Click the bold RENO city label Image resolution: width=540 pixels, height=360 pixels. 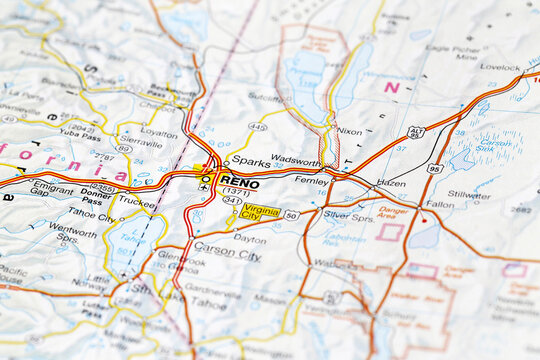click(240, 184)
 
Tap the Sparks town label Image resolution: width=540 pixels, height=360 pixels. click(251, 160)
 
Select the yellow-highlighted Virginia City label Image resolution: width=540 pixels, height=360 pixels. click(261, 212)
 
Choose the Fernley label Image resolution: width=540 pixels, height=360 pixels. click(311, 181)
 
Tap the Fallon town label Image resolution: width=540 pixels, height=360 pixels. click(440, 203)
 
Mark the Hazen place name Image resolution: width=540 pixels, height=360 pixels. click(391, 184)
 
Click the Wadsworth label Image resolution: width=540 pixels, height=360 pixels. click(295, 161)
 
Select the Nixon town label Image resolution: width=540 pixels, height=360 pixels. click(349, 131)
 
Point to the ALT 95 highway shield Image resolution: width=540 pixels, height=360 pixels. click(416, 132)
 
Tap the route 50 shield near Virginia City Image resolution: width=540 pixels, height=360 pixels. click(291, 215)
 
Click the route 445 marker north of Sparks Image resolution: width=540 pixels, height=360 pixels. click(257, 127)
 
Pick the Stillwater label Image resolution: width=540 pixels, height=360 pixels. click(469, 194)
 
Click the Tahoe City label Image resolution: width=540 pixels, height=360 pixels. click(90, 214)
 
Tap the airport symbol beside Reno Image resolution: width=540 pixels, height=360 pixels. click(204, 185)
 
